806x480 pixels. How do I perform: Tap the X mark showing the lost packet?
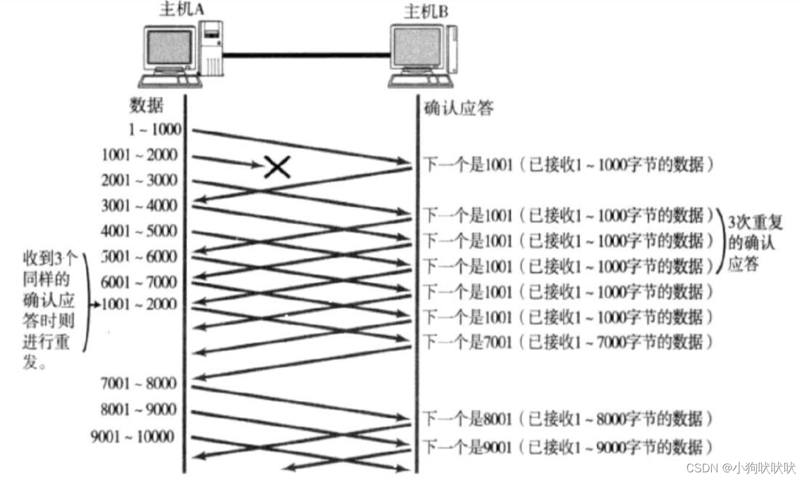(x=277, y=167)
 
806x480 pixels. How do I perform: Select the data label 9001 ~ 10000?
(x=133, y=437)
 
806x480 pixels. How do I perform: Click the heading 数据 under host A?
(x=147, y=106)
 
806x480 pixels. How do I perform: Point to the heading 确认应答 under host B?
(x=459, y=108)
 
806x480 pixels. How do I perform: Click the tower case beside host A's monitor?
(x=211, y=47)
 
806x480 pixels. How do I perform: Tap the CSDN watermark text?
(x=741, y=468)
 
